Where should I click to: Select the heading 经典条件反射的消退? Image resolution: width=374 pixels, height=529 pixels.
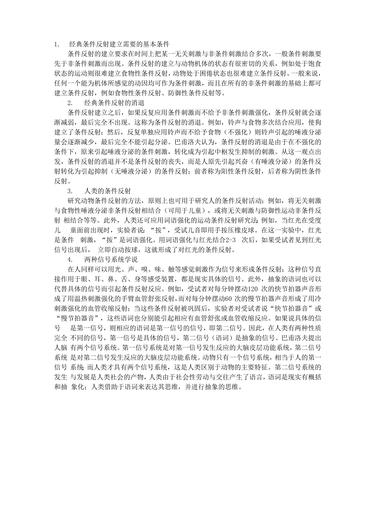coord(114,103)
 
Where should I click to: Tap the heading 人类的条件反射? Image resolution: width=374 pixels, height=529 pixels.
coord(107,191)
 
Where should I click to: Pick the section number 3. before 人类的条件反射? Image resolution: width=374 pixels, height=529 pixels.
coord(70,191)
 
